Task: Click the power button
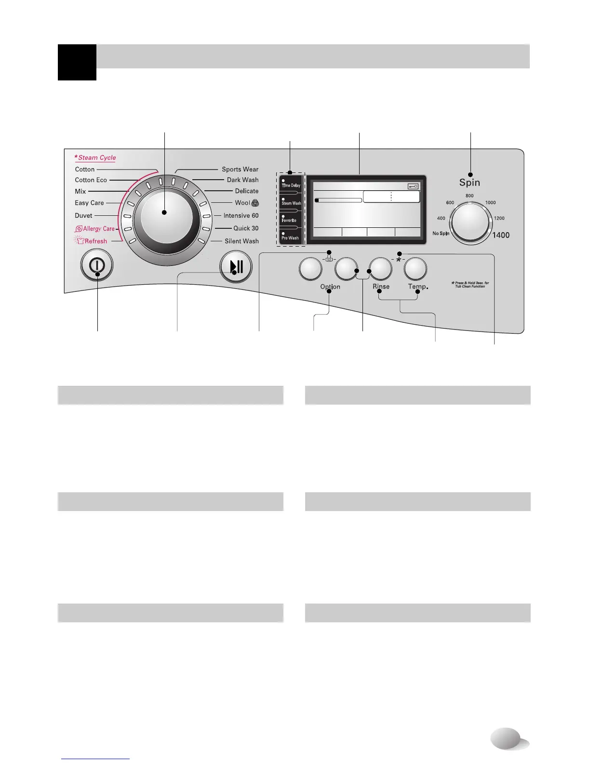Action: (97, 266)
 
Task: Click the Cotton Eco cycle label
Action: (91, 180)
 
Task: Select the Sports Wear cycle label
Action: (240, 170)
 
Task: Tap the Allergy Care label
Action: (98, 229)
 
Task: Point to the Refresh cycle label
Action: (95, 241)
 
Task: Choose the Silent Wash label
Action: (241, 241)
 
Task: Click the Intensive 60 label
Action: (241, 216)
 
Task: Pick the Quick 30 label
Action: (246, 228)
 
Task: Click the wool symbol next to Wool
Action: (255, 203)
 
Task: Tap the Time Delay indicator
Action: (291, 185)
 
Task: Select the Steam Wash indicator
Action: (291, 203)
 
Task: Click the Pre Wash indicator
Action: (290, 237)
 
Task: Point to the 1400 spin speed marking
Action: (501, 236)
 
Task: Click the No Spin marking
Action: (441, 234)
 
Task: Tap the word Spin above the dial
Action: (469, 183)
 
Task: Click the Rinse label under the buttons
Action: (381, 287)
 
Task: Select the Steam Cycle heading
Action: (97, 158)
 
